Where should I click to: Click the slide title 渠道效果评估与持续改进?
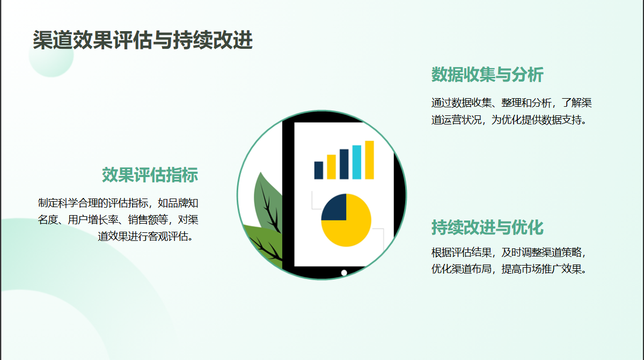[x=143, y=40]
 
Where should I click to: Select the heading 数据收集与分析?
[x=487, y=75]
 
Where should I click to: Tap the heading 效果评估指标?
[x=150, y=175]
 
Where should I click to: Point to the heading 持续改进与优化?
[x=487, y=227]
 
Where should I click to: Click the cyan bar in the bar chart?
[x=356, y=162]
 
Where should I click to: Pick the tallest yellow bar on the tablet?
[x=369, y=160]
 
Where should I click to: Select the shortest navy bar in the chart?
[x=319, y=171]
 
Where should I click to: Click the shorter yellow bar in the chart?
[x=331, y=167]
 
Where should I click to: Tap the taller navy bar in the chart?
[x=344, y=164]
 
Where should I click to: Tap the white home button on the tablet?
[x=344, y=273]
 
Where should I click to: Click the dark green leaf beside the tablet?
[x=267, y=201]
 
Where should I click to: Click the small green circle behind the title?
[x=51, y=55]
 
